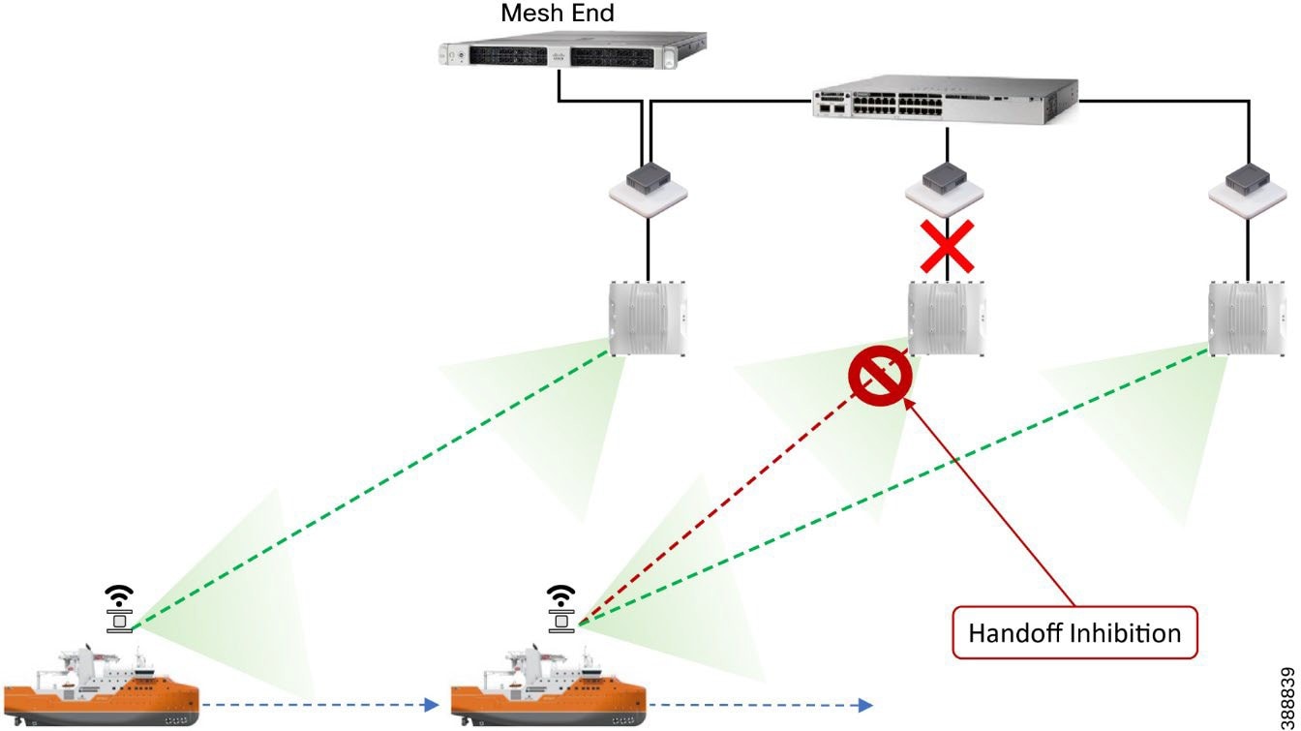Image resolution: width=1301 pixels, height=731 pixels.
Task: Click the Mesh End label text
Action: pyautogui.click(x=557, y=15)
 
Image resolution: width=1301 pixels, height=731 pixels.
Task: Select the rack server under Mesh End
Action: pyautogui.click(x=571, y=53)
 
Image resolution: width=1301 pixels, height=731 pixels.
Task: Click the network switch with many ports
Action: pyautogui.click(x=943, y=101)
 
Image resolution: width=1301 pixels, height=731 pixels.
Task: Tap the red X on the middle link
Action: pyautogui.click(x=947, y=246)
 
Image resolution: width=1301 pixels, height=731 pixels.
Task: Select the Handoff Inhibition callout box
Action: pyautogui.click(x=1074, y=633)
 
